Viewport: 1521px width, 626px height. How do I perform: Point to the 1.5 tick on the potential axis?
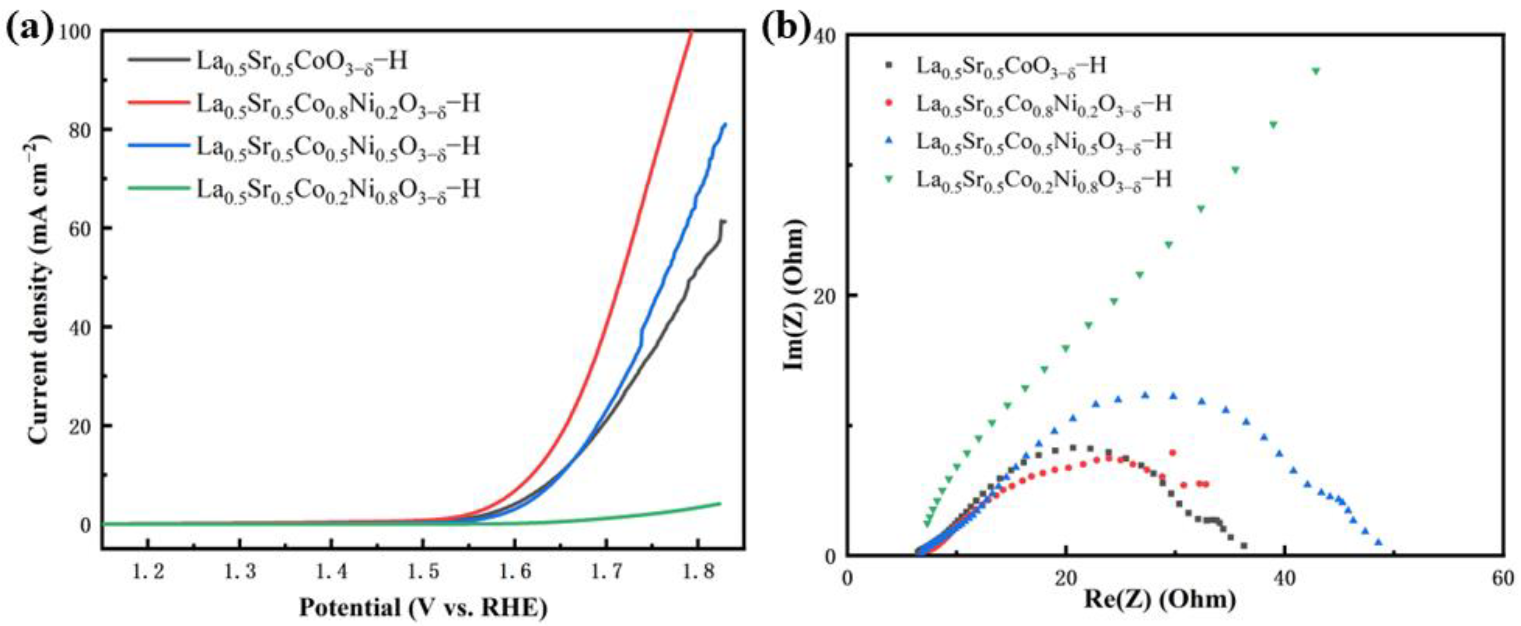423,571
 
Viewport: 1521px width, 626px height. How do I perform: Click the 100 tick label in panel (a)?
76,31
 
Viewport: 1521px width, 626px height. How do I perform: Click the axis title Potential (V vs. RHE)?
423,606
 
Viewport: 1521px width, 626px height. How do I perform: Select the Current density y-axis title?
38,289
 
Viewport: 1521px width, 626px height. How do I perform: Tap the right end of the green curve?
720,503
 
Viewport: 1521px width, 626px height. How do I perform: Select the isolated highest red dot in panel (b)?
1173,453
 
